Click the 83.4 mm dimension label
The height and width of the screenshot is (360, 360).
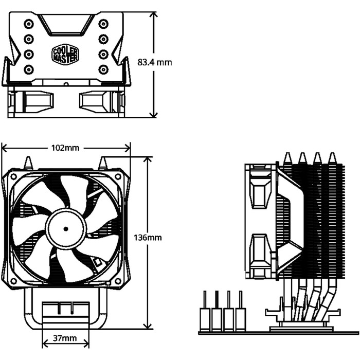(x=155, y=63)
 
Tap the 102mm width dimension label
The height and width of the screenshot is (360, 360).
(x=65, y=148)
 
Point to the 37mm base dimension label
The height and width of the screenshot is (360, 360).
(x=65, y=338)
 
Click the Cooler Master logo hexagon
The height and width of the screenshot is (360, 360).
(x=65, y=53)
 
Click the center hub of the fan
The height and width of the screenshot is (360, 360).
(x=65, y=228)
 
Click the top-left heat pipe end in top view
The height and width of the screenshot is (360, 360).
(x=28, y=23)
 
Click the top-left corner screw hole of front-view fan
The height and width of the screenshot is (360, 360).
(x=12, y=177)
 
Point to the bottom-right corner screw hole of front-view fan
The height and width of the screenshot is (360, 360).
(x=119, y=281)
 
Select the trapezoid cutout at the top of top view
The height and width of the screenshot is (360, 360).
(x=65, y=23)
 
